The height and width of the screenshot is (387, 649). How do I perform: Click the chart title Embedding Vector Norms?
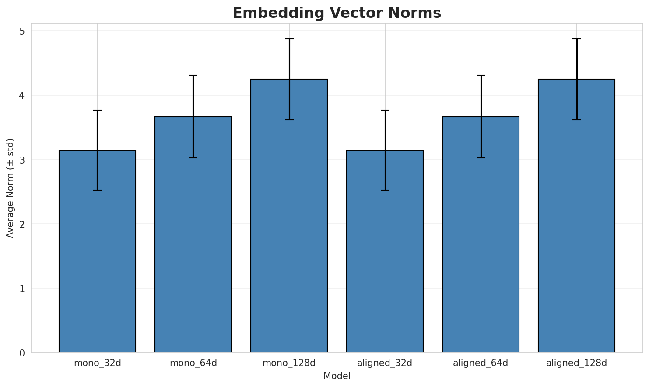[x=337, y=13]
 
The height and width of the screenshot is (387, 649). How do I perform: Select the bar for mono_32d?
[x=97, y=251]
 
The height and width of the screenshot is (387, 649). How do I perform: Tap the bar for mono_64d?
[x=193, y=234]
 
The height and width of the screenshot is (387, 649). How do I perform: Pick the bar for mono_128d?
[x=289, y=216]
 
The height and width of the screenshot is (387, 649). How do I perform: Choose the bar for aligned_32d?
[x=385, y=251]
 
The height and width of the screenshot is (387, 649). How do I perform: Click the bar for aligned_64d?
[x=481, y=234]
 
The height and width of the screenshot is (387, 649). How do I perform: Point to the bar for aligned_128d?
[x=576, y=216]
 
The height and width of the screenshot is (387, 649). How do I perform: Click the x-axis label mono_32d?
[x=97, y=363]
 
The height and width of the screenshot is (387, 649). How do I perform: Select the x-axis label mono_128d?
[x=289, y=363]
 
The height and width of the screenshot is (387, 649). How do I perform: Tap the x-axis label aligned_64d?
[x=481, y=363]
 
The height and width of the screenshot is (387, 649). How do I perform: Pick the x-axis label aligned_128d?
[x=576, y=363]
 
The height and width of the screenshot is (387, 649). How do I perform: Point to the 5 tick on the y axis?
[x=22, y=31]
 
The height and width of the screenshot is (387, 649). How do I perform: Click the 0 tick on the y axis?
[x=22, y=352]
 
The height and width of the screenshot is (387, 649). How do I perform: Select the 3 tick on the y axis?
[x=22, y=160]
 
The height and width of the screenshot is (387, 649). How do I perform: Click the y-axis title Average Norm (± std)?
[x=11, y=188]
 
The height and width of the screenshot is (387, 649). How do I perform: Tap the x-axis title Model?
[x=337, y=376]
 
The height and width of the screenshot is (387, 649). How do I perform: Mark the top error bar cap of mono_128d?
[x=289, y=39]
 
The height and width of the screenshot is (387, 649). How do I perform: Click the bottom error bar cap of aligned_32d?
[x=385, y=190]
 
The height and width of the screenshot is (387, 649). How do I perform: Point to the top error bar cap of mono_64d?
[x=193, y=75]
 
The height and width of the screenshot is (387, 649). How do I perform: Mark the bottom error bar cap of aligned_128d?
[x=576, y=120]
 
